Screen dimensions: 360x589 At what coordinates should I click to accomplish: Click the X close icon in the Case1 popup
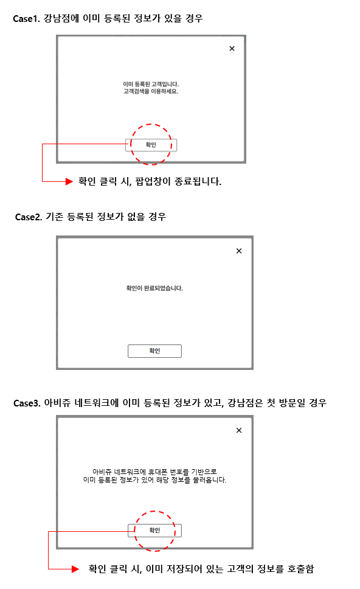tap(232, 49)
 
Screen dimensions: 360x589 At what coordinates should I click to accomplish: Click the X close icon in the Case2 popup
tap(239, 251)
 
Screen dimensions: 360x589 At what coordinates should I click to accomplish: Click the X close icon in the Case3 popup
tap(239, 430)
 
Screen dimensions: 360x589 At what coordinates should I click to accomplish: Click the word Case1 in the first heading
tap(26, 18)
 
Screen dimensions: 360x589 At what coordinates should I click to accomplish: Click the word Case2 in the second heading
tap(29, 217)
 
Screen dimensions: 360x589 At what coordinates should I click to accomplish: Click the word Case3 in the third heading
tap(27, 403)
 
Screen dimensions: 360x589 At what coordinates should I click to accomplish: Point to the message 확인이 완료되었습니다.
tap(154, 288)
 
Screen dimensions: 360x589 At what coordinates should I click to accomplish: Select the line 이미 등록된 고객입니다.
tap(151, 84)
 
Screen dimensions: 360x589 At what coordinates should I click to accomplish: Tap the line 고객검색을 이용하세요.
tap(151, 91)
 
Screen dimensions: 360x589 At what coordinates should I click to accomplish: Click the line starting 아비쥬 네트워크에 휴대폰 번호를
tap(154, 472)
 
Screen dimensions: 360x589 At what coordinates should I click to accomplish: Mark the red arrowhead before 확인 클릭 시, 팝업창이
tap(69, 181)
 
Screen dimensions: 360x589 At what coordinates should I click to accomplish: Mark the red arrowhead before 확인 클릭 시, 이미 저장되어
tap(75, 569)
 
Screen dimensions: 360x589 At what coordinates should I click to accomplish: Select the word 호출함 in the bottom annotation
tap(300, 569)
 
